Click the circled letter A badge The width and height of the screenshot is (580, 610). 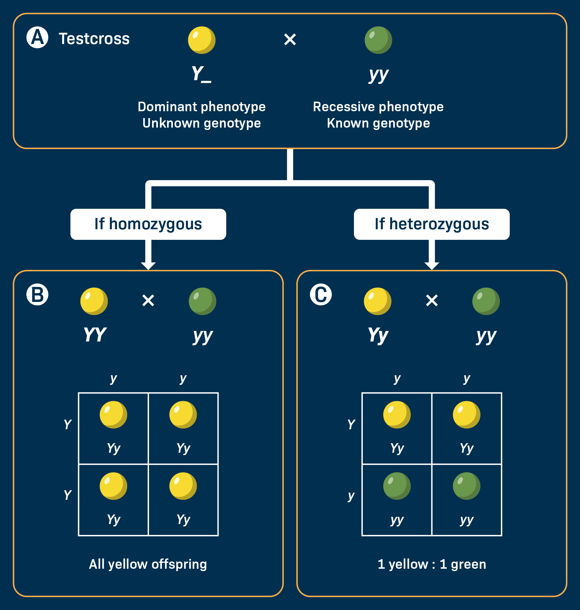[x=38, y=38]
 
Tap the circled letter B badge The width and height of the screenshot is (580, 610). [x=38, y=294]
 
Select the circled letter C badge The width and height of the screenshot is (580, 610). [x=321, y=294]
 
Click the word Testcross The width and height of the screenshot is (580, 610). [x=94, y=39]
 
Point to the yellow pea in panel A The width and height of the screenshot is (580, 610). [x=202, y=40]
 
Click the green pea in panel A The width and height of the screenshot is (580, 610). [x=378, y=40]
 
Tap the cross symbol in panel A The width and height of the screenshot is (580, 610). [x=290, y=40]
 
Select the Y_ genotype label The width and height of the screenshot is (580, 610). [x=201, y=74]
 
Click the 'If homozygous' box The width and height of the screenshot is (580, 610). [x=148, y=224]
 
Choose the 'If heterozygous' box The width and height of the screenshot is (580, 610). [x=432, y=224]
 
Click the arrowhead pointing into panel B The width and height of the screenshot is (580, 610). [x=148, y=266]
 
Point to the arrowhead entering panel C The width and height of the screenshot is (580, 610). [x=432, y=266]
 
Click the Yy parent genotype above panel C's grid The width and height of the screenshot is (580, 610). [x=378, y=335]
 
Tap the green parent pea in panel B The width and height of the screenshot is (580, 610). [x=203, y=301]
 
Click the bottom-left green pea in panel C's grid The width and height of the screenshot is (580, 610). [x=397, y=486]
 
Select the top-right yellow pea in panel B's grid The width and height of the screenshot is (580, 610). [x=183, y=415]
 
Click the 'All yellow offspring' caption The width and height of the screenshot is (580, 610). [x=148, y=564]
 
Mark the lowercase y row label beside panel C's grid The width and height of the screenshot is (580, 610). [x=351, y=496]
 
